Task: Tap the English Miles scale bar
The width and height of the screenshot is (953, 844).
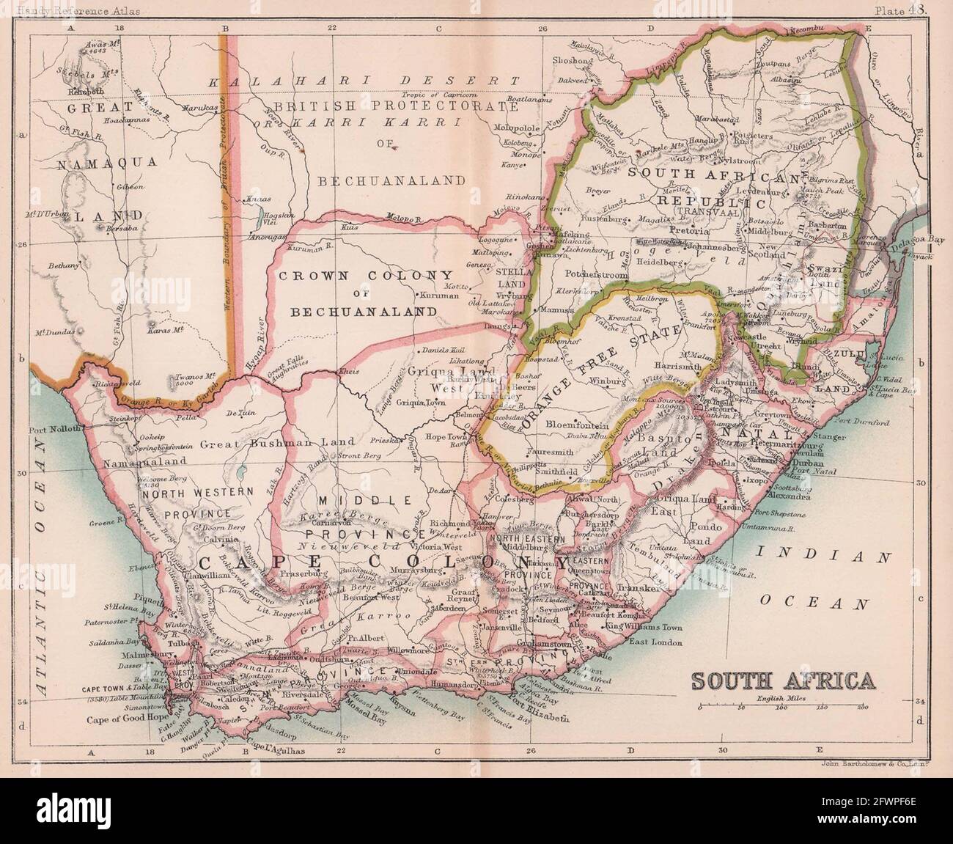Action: click(x=784, y=708)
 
